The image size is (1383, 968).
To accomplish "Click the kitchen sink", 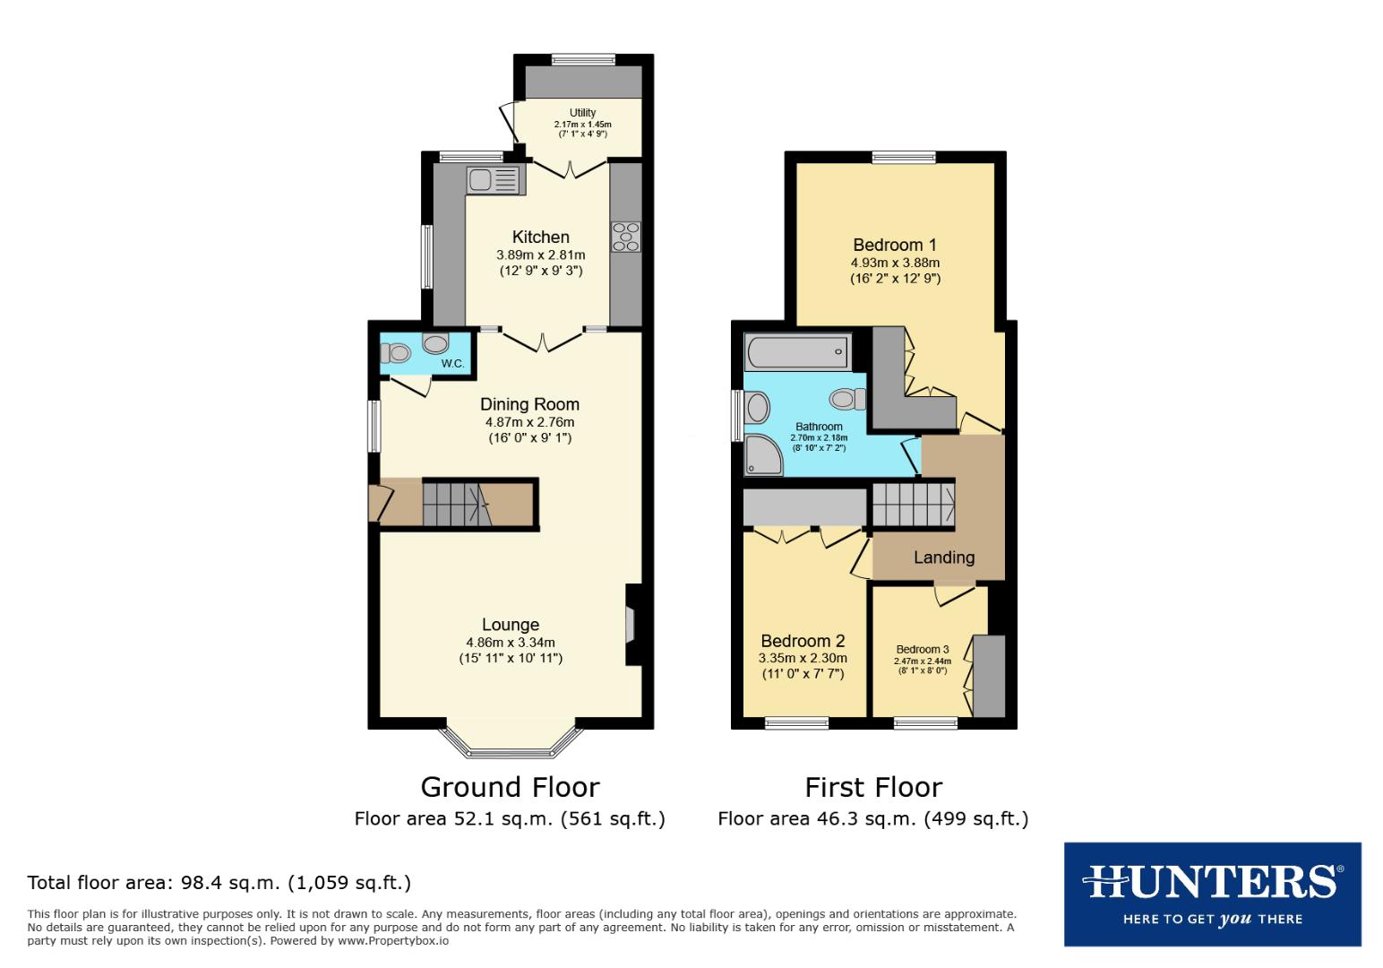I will tap(494, 180).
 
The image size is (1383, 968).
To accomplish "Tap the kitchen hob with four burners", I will tap(626, 237).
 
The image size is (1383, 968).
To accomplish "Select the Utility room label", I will tap(582, 113).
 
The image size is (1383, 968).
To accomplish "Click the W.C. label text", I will tap(452, 363).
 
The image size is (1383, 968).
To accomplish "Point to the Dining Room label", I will tap(529, 404).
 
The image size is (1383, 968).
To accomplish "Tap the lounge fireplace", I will tap(631, 625).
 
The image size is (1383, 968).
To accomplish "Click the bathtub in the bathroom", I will tap(797, 351).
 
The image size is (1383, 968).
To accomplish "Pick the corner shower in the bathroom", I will tap(762, 455).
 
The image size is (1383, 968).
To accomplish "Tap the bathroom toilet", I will tap(847, 398).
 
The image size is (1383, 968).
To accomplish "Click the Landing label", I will tap(943, 557).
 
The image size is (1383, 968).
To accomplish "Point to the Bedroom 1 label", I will tap(894, 245).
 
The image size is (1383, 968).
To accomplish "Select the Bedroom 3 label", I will tap(922, 649).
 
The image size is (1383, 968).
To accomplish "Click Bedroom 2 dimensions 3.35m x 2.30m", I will tap(802, 658).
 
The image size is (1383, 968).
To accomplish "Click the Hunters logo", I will tap(1212, 894).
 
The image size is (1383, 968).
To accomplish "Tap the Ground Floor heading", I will tap(510, 787).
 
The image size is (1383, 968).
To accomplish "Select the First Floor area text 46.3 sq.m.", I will tap(872, 818).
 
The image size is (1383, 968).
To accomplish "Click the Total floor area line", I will tap(219, 883).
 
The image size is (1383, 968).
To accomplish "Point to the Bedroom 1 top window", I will tap(904, 158).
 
